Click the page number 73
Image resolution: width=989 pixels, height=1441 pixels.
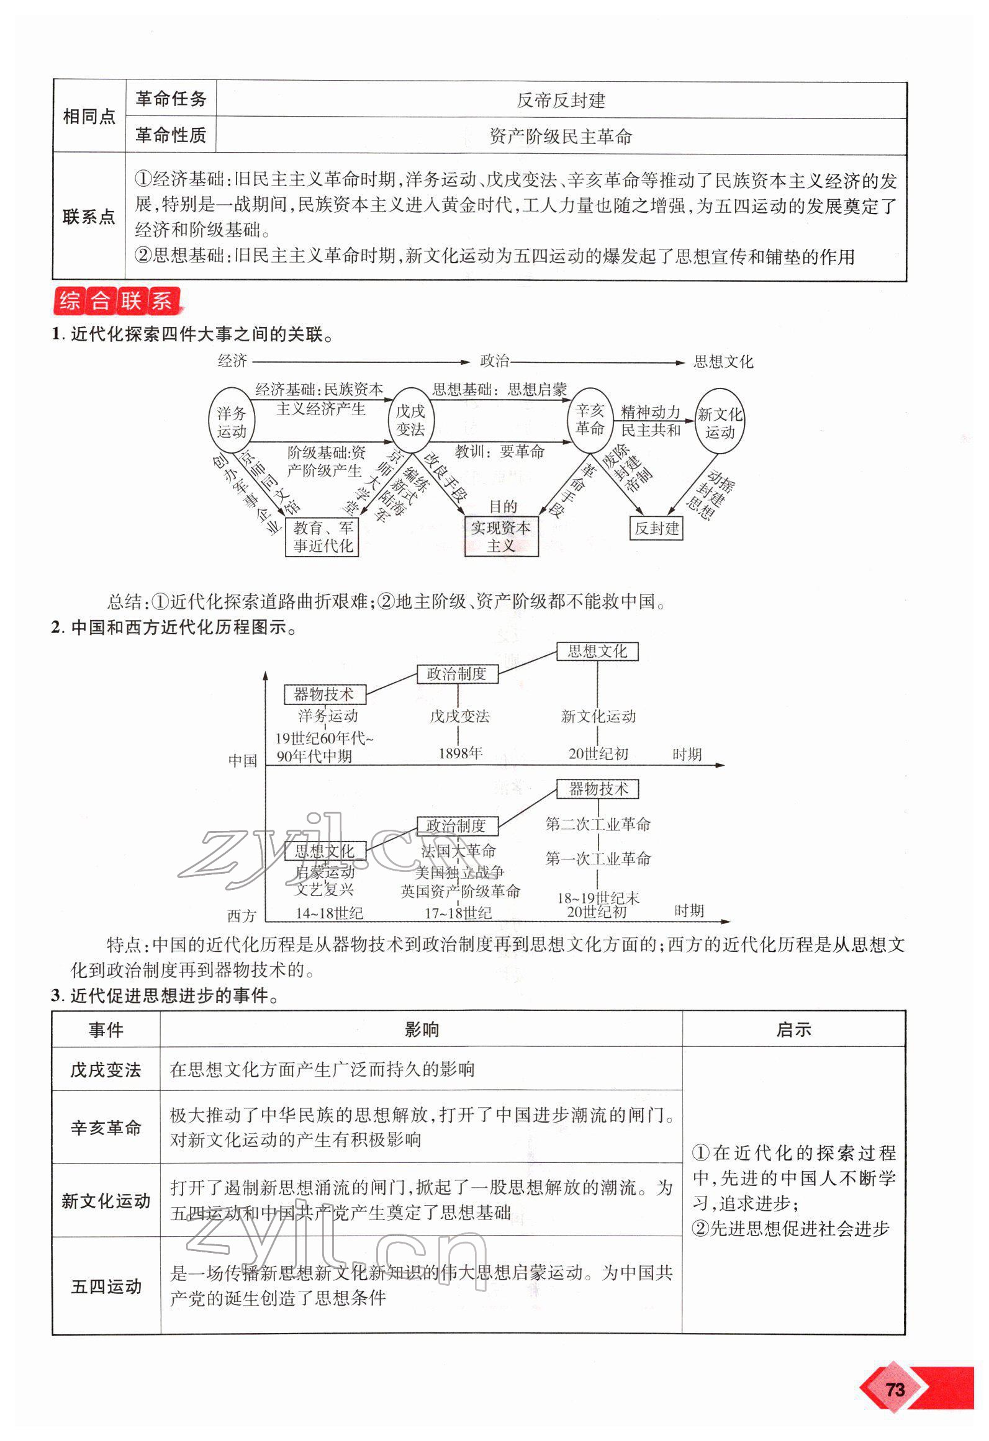tap(895, 1389)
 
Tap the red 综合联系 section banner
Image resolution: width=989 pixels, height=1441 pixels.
tap(117, 301)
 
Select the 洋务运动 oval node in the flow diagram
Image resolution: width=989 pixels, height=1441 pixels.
tap(231, 422)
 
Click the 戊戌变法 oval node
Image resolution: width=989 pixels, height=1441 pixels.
tap(410, 420)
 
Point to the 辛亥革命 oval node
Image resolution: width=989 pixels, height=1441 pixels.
tap(589, 419)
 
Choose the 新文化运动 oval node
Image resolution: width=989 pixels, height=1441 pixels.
tap(719, 423)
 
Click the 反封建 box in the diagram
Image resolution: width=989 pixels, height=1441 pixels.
tap(656, 528)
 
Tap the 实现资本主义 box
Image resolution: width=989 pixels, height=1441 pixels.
tap(501, 537)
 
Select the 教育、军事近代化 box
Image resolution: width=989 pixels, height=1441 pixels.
tap(322, 537)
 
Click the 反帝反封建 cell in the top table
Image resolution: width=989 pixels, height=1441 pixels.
tap(561, 100)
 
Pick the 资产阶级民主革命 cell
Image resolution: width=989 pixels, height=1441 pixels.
tap(561, 137)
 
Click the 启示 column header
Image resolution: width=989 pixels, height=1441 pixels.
tap(793, 1030)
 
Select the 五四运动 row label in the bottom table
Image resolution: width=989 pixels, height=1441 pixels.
tap(106, 1286)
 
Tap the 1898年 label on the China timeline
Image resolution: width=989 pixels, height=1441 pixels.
tap(460, 753)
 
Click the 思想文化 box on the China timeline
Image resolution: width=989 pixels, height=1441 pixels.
tap(597, 651)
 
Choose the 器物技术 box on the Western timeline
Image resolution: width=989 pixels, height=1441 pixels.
tap(598, 789)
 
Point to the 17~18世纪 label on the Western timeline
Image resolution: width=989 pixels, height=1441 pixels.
tap(458, 913)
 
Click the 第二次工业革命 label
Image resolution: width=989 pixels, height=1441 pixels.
tap(598, 824)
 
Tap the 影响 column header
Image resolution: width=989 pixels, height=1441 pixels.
tap(422, 1030)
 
